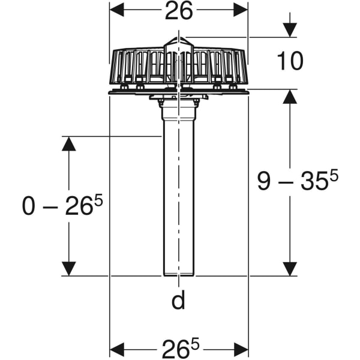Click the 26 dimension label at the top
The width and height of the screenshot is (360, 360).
tap(178, 11)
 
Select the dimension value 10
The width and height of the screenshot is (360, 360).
tap(290, 61)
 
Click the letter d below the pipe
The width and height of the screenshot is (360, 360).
tap(178, 300)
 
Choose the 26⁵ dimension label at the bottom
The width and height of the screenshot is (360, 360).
tap(179, 349)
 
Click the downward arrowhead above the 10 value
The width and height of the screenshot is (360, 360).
tap(290, 29)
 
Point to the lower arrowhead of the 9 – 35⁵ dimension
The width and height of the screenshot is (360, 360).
tap(290, 268)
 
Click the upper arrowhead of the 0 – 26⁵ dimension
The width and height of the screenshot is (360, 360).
tap(69, 144)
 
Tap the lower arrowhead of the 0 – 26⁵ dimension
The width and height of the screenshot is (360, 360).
tap(69, 268)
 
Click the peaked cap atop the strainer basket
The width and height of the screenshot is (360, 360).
tap(178, 44)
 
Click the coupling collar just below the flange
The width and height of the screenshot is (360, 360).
tap(178, 107)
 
